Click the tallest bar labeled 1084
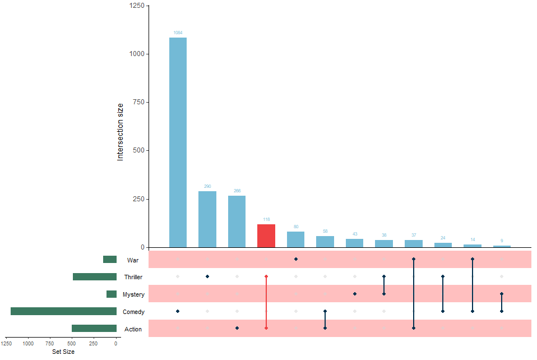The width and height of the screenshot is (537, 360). point(178,142)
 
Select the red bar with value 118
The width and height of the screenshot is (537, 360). point(266,236)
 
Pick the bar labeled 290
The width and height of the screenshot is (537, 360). point(207,219)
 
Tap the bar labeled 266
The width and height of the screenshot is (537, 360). point(237,221)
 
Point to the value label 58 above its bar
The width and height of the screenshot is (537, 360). point(325,231)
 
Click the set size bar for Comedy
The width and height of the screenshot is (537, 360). point(63,311)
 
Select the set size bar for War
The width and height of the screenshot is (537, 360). point(110,260)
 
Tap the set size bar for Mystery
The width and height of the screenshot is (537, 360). point(112,294)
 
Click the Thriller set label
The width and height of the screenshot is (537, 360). point(133,277)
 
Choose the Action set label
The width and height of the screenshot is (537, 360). point(133,329)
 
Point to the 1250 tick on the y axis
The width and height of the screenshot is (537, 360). point(136,6)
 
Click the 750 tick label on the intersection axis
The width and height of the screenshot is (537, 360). point(136,102)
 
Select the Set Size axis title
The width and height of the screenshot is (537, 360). point(63,352)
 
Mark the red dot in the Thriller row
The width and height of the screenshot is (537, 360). point(266,276)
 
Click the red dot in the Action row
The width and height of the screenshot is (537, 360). point(266,328)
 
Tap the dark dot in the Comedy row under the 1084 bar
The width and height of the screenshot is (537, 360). point(178,311)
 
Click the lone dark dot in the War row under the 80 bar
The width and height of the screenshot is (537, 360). point(295,259)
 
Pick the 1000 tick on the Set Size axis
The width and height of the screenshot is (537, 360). point(29,344)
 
